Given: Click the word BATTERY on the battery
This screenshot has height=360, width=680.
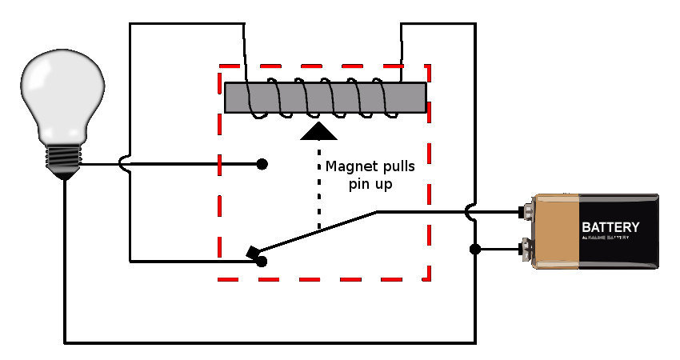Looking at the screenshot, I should coord(610,226).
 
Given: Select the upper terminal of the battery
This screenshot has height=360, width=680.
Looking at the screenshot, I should coord(526,213).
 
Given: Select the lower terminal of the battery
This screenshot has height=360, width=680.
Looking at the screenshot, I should coord(526,249).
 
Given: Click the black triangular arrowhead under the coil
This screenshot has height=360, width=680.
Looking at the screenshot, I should coord(319,130).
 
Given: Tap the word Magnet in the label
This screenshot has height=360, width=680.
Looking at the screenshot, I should coord(350,167).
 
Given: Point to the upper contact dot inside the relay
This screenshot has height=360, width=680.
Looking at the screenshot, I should coord(262,165).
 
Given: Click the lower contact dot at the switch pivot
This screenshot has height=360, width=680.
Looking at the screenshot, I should coord(262,261).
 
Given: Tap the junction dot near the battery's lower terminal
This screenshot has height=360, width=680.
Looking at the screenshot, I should coord(475,249).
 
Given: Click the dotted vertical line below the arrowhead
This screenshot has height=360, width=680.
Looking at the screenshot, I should coord(319,184).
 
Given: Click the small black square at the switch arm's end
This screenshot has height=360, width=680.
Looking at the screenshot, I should coord(254,254).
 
